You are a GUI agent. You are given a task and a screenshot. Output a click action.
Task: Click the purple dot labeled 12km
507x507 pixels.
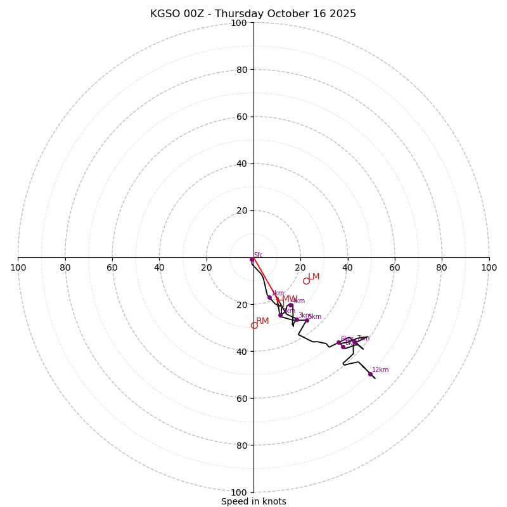(371, 374)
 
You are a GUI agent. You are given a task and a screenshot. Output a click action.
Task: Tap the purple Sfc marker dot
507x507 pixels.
(252, 259)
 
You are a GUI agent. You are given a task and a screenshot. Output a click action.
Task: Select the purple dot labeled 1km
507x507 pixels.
(269, 297)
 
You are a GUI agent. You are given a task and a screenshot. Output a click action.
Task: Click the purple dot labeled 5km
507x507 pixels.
(307, 320)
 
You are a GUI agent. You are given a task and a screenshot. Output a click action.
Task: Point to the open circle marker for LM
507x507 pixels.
(306, 281)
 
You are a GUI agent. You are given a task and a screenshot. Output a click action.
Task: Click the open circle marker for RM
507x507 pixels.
(254, 325)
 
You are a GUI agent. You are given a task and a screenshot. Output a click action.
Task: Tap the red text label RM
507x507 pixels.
(262, 321)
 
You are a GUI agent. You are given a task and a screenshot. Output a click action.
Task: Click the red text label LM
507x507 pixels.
(314, 277)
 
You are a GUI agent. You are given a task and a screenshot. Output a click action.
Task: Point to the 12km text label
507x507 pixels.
(380, 370)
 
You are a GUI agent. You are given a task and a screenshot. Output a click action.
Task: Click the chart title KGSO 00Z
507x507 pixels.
(253, 14)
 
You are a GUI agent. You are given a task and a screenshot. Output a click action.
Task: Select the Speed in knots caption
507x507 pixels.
(253, 501)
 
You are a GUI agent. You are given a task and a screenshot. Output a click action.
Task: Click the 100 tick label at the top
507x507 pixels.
(239, 23)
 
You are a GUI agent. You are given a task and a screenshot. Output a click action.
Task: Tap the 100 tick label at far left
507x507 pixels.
(18, 267)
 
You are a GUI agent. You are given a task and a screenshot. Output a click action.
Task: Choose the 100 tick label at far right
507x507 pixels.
(489, 267)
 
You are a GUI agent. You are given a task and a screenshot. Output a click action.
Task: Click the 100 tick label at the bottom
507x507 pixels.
(239, 492)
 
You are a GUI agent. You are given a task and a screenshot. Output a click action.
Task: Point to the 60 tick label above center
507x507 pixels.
(241, 117)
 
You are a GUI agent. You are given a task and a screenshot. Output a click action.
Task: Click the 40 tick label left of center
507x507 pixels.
(159, 267)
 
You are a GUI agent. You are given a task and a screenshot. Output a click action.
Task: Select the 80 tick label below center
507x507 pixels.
(241, 445)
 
